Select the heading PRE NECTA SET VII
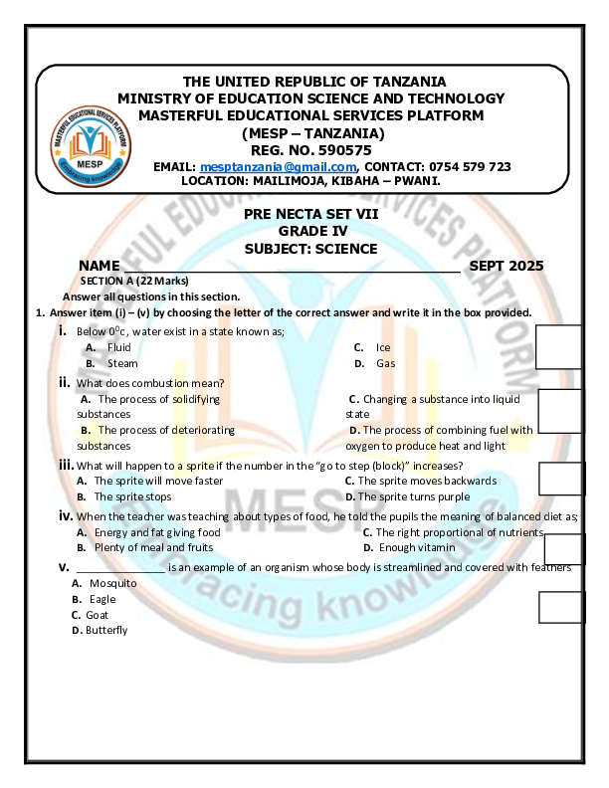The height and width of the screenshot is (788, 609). [x=310, y=214]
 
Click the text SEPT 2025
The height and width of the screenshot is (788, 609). [x=507, y=266]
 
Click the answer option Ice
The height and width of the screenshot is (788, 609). [x=383, y=347]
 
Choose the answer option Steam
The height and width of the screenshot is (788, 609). [x=122, y=364]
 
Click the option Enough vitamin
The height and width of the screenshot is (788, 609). [x=417, y=548]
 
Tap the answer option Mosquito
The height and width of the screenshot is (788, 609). [x=112, y=583]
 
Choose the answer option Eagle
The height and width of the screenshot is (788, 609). [x=102, y=600]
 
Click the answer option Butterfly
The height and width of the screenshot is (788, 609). [x=106, y=630]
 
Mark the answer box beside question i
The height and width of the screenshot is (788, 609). [x=559, y=347]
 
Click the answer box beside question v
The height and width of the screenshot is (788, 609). [x=559, y=606]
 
